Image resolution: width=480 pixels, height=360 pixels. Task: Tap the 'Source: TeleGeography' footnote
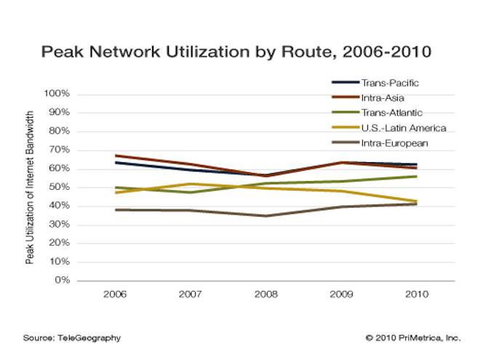coord(71,338)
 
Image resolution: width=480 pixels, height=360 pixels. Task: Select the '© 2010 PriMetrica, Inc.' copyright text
coord(413,338)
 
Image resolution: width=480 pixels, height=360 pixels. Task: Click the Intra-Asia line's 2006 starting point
coord(114,156)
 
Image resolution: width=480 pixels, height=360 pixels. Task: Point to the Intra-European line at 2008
coord(265,216)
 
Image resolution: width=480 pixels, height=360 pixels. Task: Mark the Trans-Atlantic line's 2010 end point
coord(416,176)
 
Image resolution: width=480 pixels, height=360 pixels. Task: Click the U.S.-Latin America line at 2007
coord(190,184)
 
